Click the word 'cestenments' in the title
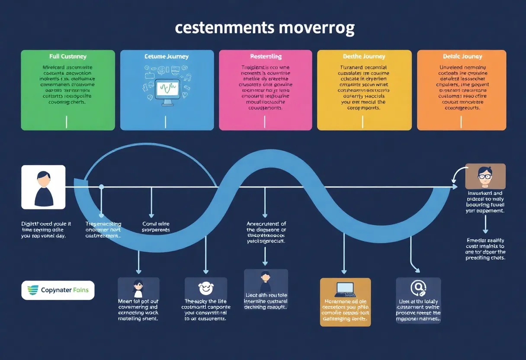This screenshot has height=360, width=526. [224, 28]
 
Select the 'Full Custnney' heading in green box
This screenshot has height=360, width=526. [68, 56]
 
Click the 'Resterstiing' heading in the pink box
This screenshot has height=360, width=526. [266, 56]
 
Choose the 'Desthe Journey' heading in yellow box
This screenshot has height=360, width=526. [364, 56]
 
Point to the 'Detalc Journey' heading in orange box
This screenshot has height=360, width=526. [462, 56]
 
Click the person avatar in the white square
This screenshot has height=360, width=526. [43, 187]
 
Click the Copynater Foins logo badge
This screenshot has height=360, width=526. [58, 290]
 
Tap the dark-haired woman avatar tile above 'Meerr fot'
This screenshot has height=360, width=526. [138, 288]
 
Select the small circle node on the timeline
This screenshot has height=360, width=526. [102, 187]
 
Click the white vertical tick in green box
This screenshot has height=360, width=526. [66, 122]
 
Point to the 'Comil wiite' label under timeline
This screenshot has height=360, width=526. [155, 227]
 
